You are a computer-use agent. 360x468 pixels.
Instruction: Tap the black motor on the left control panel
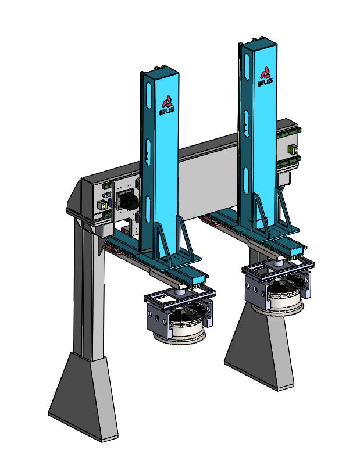[128, 202]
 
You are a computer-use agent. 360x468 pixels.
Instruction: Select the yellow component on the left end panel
[101, 205]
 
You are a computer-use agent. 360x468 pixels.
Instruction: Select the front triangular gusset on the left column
[185, 238]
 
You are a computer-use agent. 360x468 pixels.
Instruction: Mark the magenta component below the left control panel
[119, 228]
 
